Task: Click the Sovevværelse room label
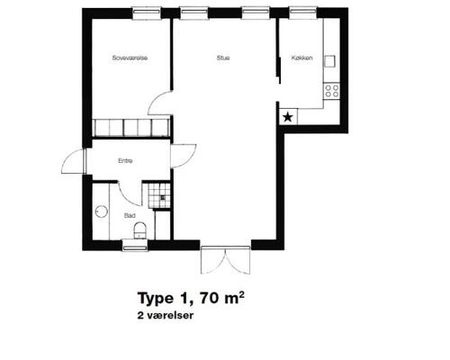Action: (x=130, y=58)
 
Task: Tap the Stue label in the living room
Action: (x=223, y=58)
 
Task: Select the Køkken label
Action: (x=301, y=58)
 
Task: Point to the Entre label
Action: (x=125, y=161)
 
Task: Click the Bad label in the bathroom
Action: (x=130, y=215)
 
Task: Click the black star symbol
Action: (x=288, y=117)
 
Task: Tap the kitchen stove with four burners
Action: (x=332, y=91)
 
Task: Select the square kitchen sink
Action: (x=329, y=61)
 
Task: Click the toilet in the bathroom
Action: (x=139, y=230)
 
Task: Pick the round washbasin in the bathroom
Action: (x=102, y=211)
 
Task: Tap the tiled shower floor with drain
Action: (x=159, y=195)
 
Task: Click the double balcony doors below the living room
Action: (x=225, y=260)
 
